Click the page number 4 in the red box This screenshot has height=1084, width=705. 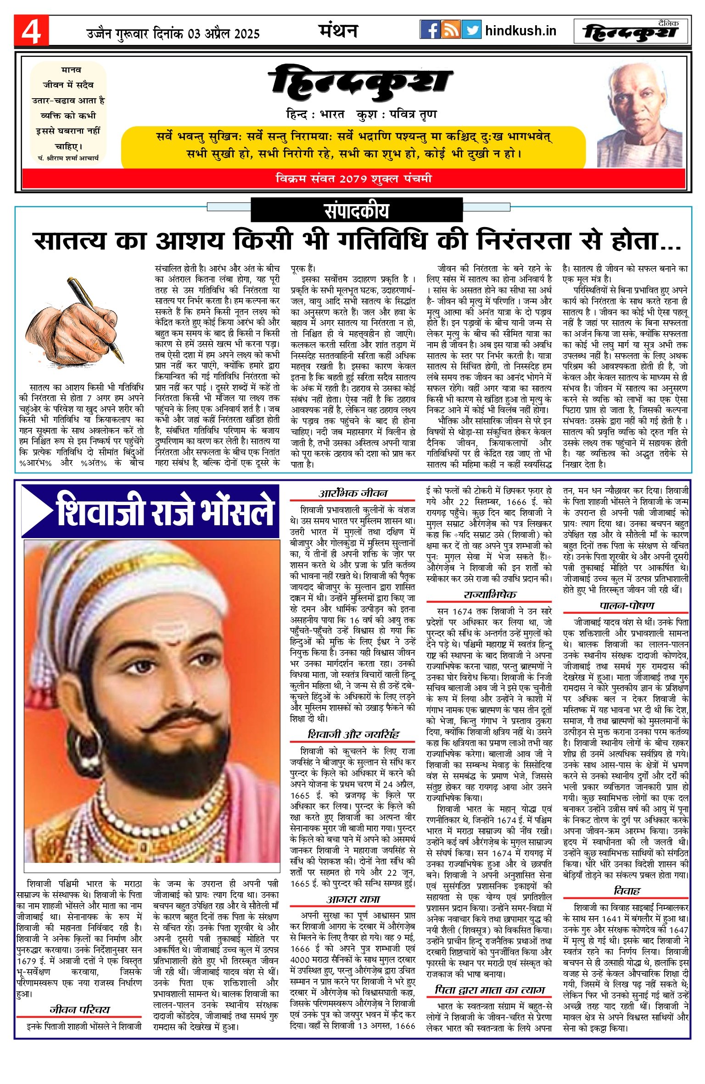pos(31,31)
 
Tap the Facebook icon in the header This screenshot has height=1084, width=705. pos(430,30)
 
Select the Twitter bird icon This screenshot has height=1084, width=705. pos(471,30)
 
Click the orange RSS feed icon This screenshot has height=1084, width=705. pos(450,30)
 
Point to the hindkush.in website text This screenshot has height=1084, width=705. pos(520,31)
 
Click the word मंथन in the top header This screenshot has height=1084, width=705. pos(338,31)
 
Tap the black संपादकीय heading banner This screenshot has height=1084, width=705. pos(356,211)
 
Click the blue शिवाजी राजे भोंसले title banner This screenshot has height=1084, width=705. pos(151,511)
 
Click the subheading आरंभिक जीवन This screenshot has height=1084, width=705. pos(352,493)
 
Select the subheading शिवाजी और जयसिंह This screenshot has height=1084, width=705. pos(353,734)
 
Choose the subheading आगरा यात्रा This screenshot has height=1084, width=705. pos(353,899)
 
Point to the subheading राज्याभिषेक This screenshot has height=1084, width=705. pos(489,595)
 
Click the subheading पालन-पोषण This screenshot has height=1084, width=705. pos(626,606)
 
